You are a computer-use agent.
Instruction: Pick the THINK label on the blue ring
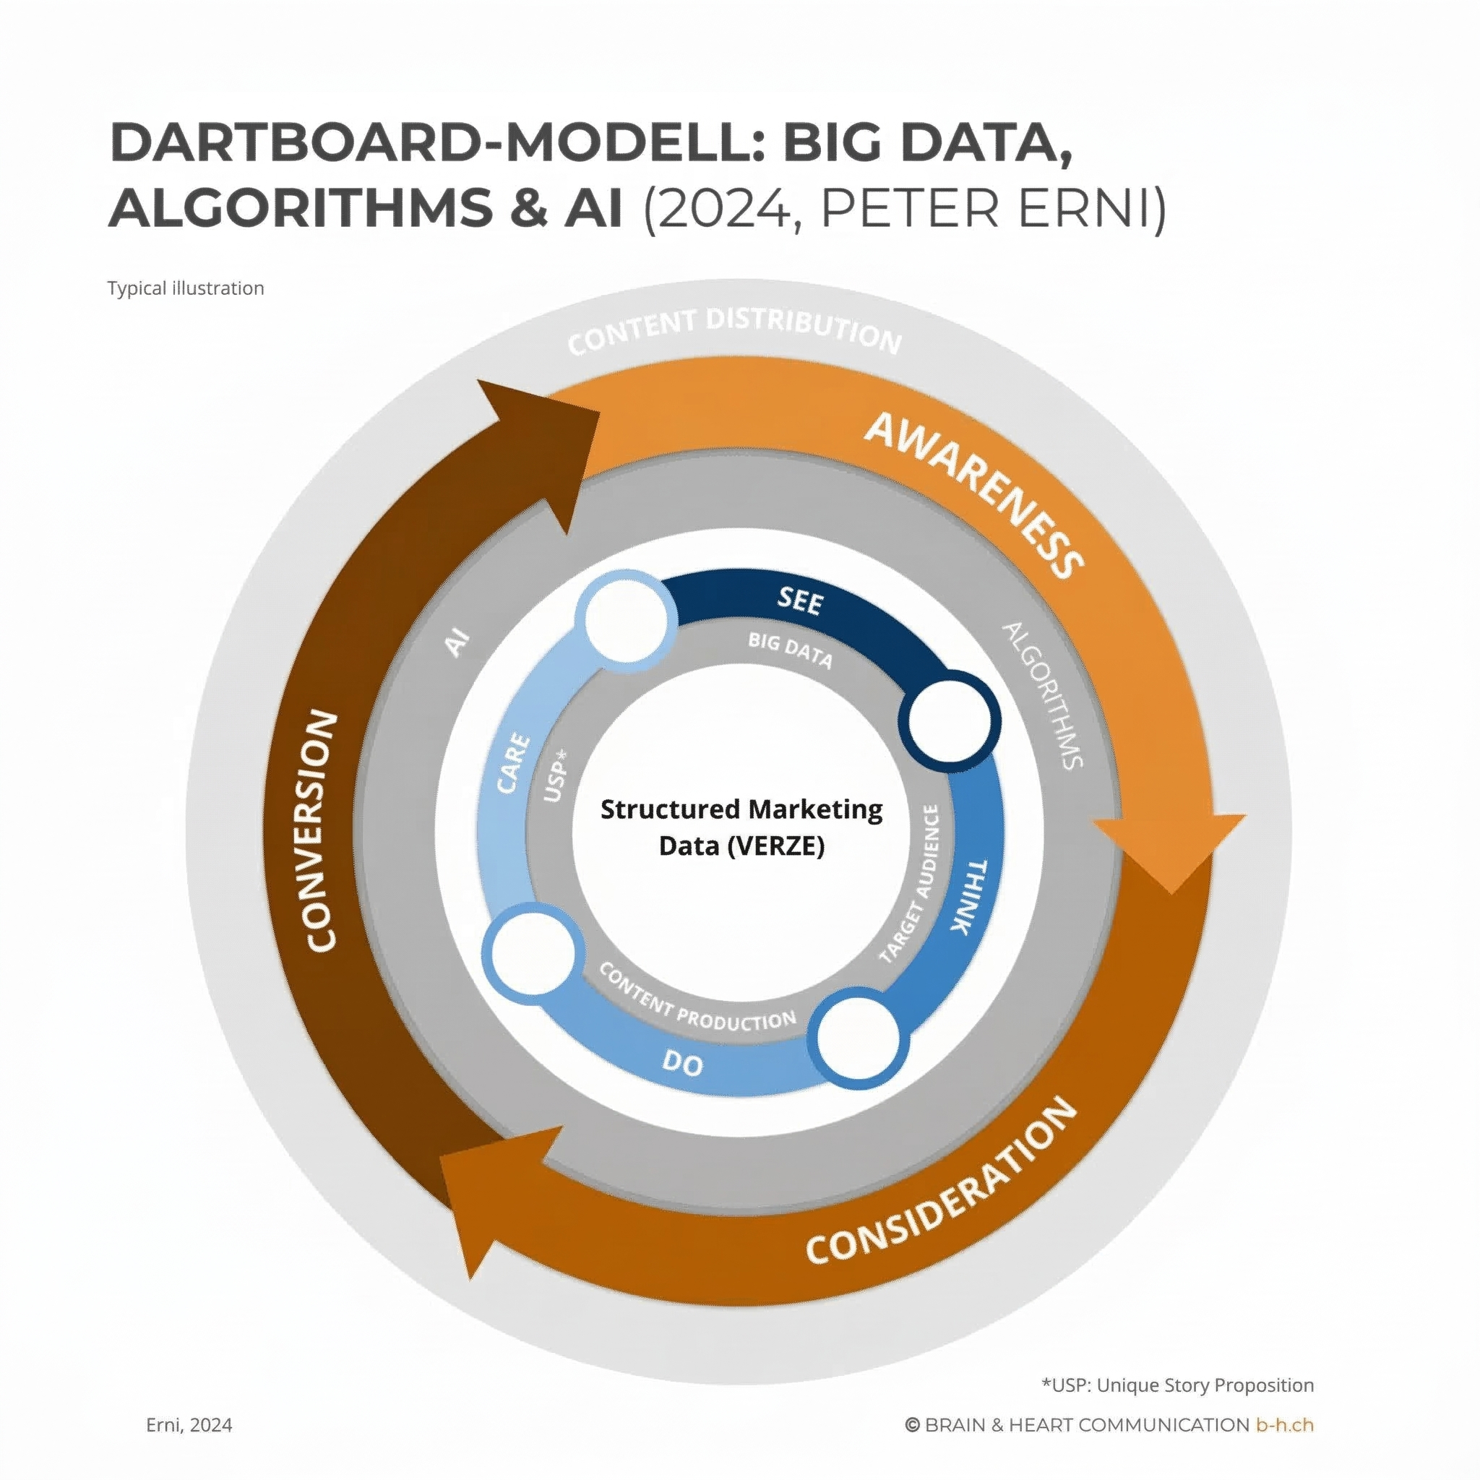point(969,896)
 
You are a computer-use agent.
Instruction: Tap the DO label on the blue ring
point(681,1063)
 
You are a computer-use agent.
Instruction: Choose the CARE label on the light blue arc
point(513,764)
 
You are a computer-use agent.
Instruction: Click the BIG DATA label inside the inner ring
point(790,650)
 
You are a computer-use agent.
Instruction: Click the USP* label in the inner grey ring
point(556,776)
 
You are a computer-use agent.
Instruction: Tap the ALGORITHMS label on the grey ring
point(1044,694)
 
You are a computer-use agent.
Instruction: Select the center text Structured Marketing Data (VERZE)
point(741,827)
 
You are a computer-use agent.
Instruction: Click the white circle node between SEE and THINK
point(950,720)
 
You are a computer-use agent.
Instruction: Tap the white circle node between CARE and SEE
point(627,621)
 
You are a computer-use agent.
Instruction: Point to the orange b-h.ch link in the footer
point(1284,1425)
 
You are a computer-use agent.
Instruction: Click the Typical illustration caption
point(186,288)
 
